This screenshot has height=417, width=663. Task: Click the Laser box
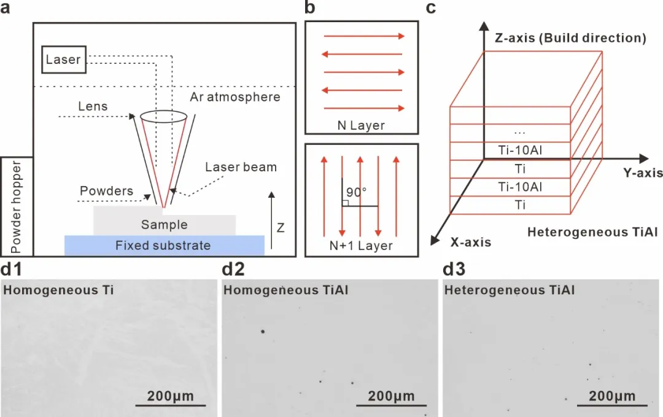tap(64, 60)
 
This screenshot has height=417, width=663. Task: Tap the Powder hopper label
tap(16, 207)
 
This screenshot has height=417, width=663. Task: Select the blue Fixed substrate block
tap(165, 246)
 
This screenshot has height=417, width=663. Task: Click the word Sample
tap(165, 225)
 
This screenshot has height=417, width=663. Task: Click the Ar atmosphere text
tap(235, 97)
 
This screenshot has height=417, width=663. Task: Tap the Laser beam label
tap(241, 167)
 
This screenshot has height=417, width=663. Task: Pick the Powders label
tap(107, 191)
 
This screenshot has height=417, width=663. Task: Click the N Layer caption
tap(361, 125)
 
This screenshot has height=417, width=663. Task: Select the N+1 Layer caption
tap(361, 246)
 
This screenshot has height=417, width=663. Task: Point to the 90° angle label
tap(356, 192)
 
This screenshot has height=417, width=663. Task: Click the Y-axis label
tap(643, 173)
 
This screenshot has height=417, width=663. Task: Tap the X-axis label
tap(471, 242)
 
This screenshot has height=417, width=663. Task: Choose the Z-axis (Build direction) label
tap(570, 38)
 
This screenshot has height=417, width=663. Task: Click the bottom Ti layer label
tap(520, 205)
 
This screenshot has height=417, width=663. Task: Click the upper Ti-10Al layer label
tap(520, 150)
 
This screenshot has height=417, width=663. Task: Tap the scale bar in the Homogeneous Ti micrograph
tap(171, 405)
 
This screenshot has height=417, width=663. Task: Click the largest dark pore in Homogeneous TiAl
tap(263, 332)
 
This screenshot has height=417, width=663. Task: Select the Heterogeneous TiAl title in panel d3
tap(510, 290)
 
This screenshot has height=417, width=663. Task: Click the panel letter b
tap(310, 7)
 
